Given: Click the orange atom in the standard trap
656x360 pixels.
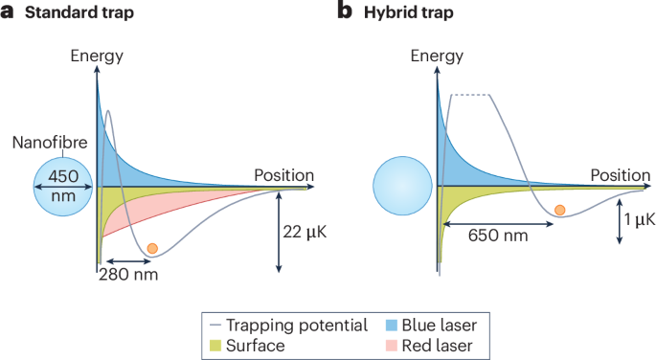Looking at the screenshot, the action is coord(152,248).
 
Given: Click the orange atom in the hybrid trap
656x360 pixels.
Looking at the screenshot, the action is coord(560,210).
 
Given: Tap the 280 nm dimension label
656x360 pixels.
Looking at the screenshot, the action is coord(128,275).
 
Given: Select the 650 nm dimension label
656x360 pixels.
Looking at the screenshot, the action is coord(498,236).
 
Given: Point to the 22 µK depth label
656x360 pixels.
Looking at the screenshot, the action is coord(305,232).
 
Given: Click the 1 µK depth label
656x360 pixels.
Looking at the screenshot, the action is coord(640,219).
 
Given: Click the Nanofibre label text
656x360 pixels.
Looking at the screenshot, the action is coord(50,143).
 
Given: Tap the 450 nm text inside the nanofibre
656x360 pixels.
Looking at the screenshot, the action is coord(63,186).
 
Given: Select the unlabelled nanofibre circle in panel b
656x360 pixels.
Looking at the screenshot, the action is coord(402,186).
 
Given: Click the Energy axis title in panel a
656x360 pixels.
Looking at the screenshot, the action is coord(97,56).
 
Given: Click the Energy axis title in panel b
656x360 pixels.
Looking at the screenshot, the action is coord(437,56).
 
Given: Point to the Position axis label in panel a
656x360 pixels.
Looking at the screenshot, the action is coord(284,175).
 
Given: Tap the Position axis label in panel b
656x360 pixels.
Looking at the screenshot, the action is coord(621,175).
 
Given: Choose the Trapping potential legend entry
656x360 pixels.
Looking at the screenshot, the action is coord(288,326).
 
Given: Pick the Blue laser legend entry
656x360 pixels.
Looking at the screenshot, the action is coord(431,326).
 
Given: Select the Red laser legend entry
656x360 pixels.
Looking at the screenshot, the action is coord(429,346).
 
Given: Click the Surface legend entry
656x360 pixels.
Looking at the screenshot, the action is coord(247,346).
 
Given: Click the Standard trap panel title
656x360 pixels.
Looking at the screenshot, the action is coord(79,12).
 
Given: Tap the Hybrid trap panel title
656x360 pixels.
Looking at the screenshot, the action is coord(409,12).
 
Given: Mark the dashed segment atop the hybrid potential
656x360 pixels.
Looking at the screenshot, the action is coord(470,95).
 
